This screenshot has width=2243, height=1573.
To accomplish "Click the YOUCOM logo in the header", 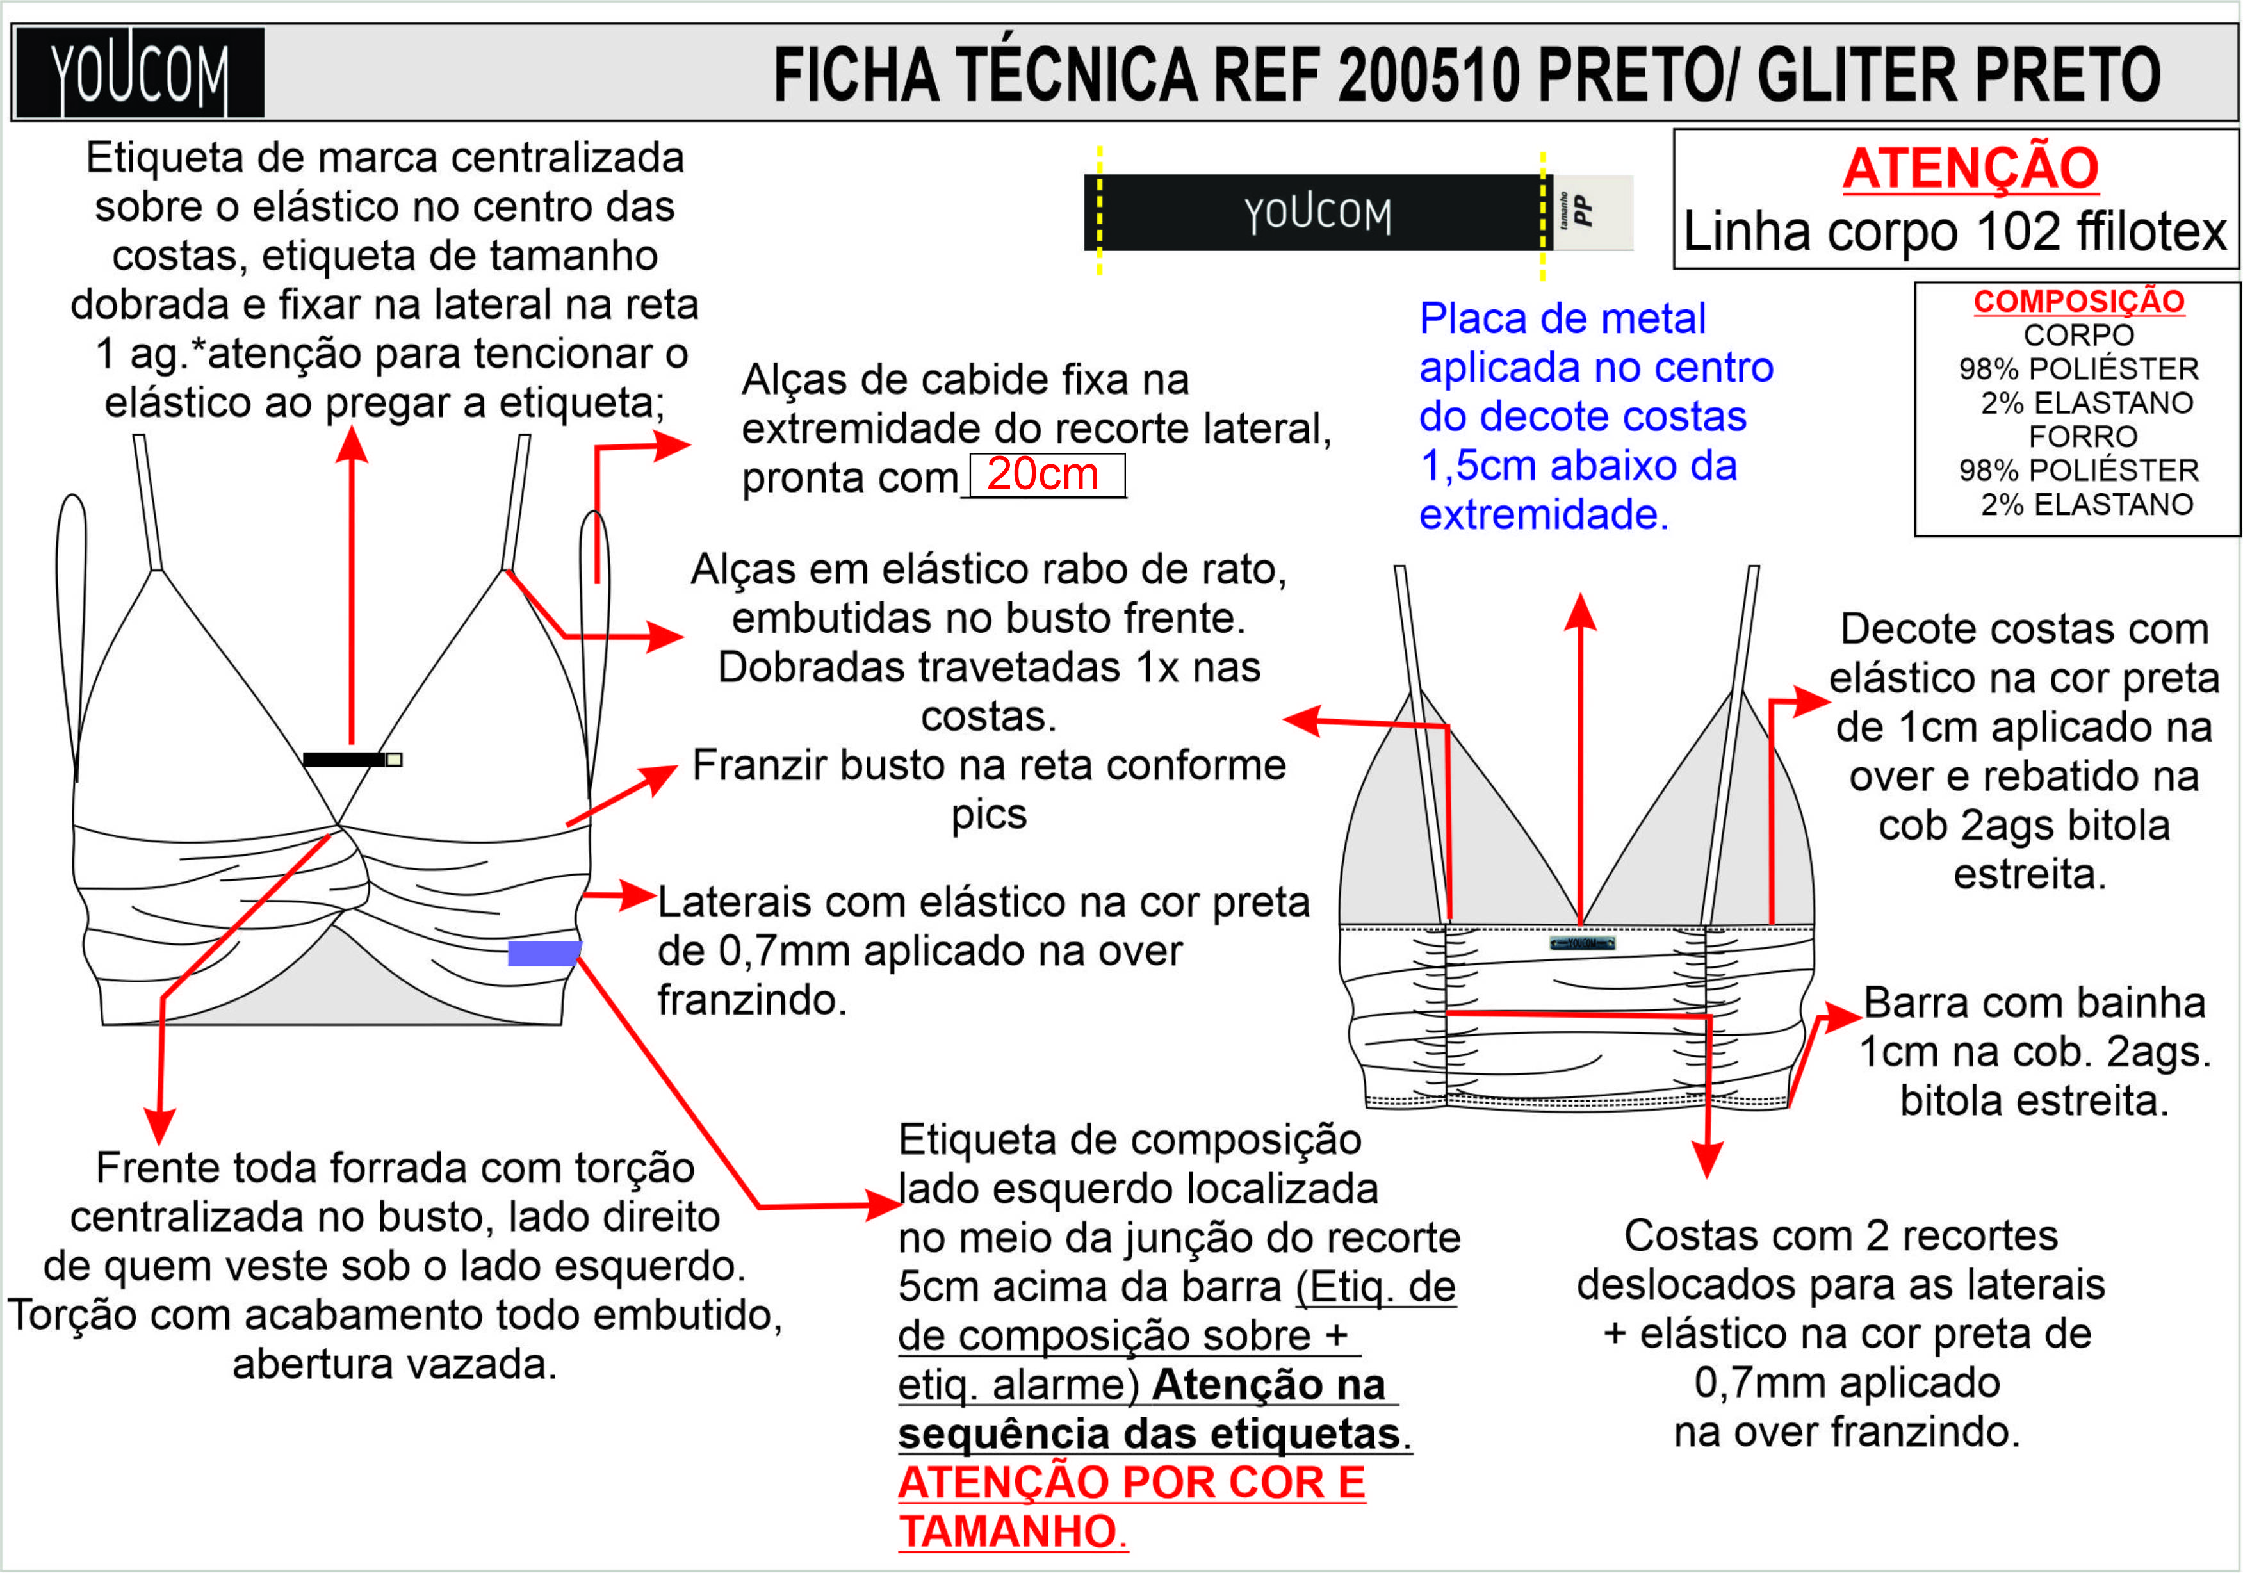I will (140, 73).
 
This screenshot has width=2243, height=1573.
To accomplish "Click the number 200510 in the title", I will (1429, 75).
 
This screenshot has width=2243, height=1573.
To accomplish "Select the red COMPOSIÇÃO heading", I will (2078, 302).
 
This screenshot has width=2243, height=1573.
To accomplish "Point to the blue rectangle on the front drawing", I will (544, 952).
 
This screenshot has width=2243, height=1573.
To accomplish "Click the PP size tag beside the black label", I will (1592, 211).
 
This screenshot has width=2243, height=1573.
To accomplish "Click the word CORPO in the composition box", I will (2078, 335).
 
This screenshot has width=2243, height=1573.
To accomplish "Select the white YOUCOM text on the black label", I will (1317, 214).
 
